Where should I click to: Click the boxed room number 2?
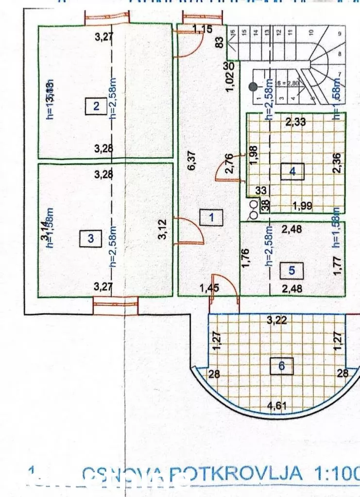pos(96,106)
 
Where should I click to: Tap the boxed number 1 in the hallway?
pos(211,217)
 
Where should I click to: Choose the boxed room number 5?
pos(291,270)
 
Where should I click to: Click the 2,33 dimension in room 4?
pos(295,122)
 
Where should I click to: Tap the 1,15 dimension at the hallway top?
pos(203,30)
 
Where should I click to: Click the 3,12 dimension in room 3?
pos(165,230)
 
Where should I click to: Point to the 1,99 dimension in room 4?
pos(302,205)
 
